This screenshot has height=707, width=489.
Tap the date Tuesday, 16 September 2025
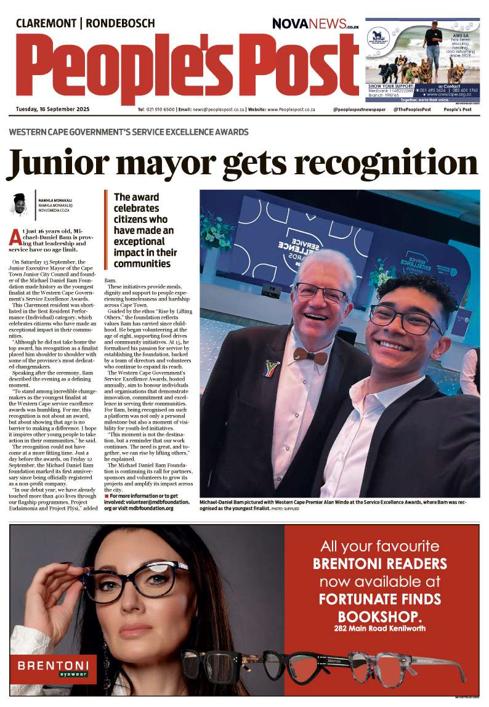point(53,109)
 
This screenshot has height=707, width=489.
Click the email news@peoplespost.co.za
point(216,109)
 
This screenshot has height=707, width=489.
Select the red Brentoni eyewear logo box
point(53,668)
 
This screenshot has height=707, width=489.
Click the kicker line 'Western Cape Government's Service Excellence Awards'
point(129,132)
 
